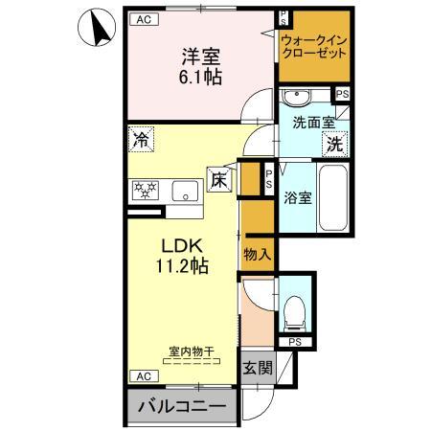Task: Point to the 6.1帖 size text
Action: (x=199, y=76)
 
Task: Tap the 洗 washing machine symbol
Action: (x=334, y=145)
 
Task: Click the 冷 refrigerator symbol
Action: (x=140, y=139)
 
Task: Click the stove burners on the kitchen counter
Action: (x=146, y=190)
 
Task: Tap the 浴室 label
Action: (x=296, y=198)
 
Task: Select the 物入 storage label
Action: (x=257, y=255)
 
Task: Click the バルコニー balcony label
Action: (x=180, y=409)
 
